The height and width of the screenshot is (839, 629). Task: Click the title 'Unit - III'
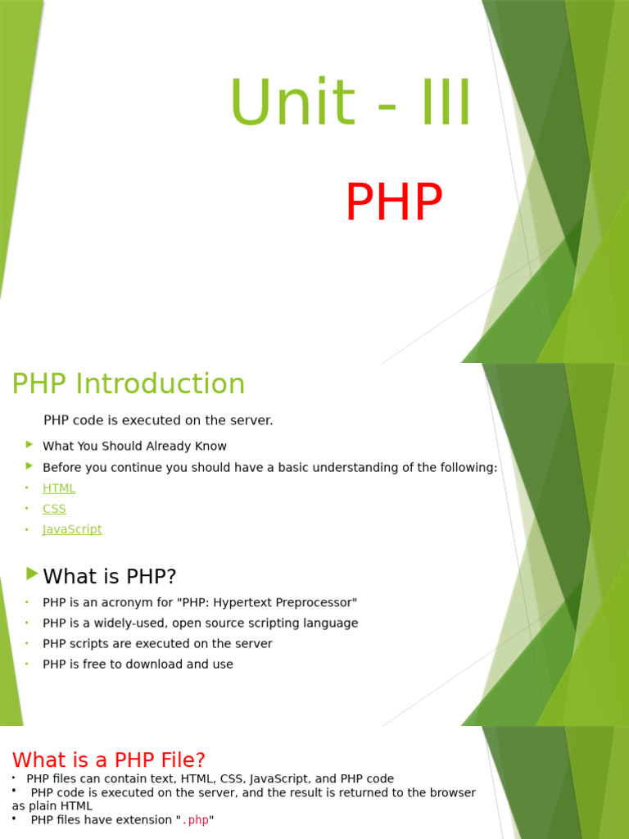[x=351, y=104]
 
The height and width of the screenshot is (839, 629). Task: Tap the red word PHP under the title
[x=393, y=202]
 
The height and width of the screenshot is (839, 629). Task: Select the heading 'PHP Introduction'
[x=129, y=383]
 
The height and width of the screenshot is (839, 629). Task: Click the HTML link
[x=59, y=488]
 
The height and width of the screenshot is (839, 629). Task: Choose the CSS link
[x=54, y=509]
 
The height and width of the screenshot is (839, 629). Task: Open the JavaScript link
[x=72, y=529]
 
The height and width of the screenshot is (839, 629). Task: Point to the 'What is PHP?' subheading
[x=110, y=577]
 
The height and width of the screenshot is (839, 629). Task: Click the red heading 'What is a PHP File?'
[x=109, y=760]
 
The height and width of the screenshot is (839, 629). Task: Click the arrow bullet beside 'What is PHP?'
[x=32, y=573]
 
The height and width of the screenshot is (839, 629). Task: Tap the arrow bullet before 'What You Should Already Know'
[x=29, y=445]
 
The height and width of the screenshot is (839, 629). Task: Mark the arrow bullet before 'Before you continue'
[x=29, y=466]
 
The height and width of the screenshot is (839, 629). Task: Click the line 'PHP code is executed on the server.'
[x=158, y=420]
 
